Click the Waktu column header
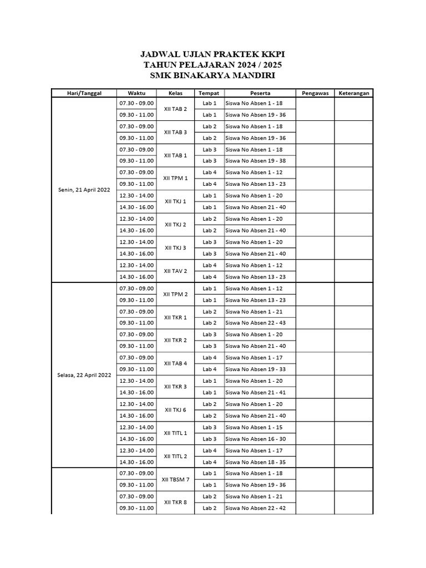[x=136, y=93]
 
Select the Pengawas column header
[x=315, y=93]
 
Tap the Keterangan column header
[x=354, y=93]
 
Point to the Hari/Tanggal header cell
[x=84, y=93]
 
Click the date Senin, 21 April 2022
[x=84, y=190]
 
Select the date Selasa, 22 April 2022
[x=84, y=375]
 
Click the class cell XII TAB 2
[x=176, y=109]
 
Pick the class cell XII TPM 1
[x=176, y=178]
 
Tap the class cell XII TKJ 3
[x=176, y=247]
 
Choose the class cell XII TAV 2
[x=176, y=271]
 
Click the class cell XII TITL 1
[x=176, y=433]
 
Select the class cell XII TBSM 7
[x=176, y=479]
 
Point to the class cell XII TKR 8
[x=176, y=502]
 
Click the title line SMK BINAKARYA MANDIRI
[x=213, y=75]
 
